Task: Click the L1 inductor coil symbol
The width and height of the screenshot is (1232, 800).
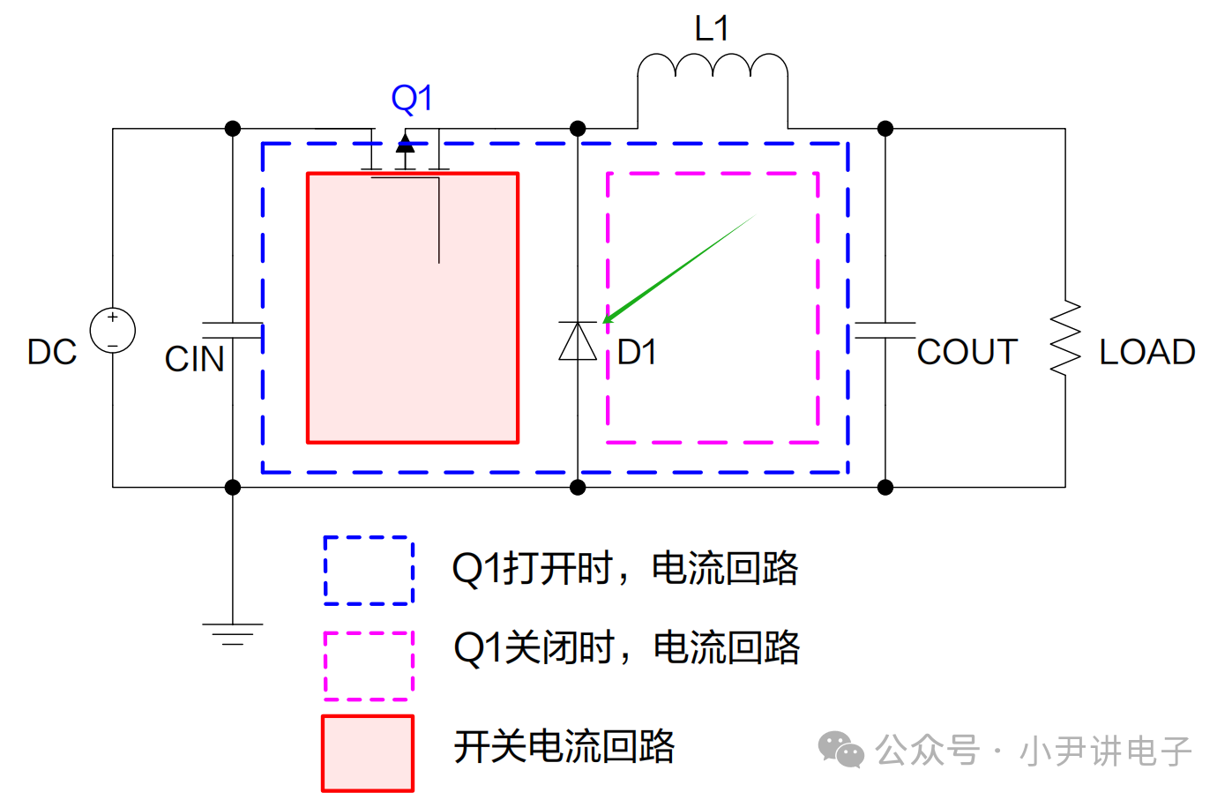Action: (x=713, y=67)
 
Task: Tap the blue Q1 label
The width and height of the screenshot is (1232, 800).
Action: (x=412, y=98)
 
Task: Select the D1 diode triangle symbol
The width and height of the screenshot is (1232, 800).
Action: (x=578, y=341)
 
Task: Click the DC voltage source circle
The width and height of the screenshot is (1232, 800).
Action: (x=113, y=331)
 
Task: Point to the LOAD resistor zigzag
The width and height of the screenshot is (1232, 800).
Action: (x=1065, y=339)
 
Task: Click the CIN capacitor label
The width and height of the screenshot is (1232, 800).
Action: (x=195, y=359)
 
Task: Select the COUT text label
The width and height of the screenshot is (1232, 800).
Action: (x=967, y=352)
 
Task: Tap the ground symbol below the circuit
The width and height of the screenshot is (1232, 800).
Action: (x=233, y=633)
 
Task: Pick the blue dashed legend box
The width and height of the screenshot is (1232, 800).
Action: (x=369, y=571)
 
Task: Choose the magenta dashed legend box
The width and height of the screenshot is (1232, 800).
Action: (x=369, y=665)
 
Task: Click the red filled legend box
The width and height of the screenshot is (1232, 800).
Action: (x=368, y=753)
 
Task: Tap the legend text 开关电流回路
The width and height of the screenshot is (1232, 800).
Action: (x=564, y=747)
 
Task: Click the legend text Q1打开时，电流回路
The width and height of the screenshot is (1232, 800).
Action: (x=624, y=569)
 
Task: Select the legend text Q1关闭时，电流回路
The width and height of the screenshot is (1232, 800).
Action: (x=626, y=648)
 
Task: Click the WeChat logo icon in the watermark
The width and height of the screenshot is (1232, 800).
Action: (x=840, y=750)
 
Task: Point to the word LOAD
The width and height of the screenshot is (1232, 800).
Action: (x=1146, y=352)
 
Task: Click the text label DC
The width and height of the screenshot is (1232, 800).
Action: (x=52, y=352)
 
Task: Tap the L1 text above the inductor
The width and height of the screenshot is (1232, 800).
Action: (x=712, y=29)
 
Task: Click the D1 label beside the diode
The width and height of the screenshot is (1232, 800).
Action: (x=637, y=352)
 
